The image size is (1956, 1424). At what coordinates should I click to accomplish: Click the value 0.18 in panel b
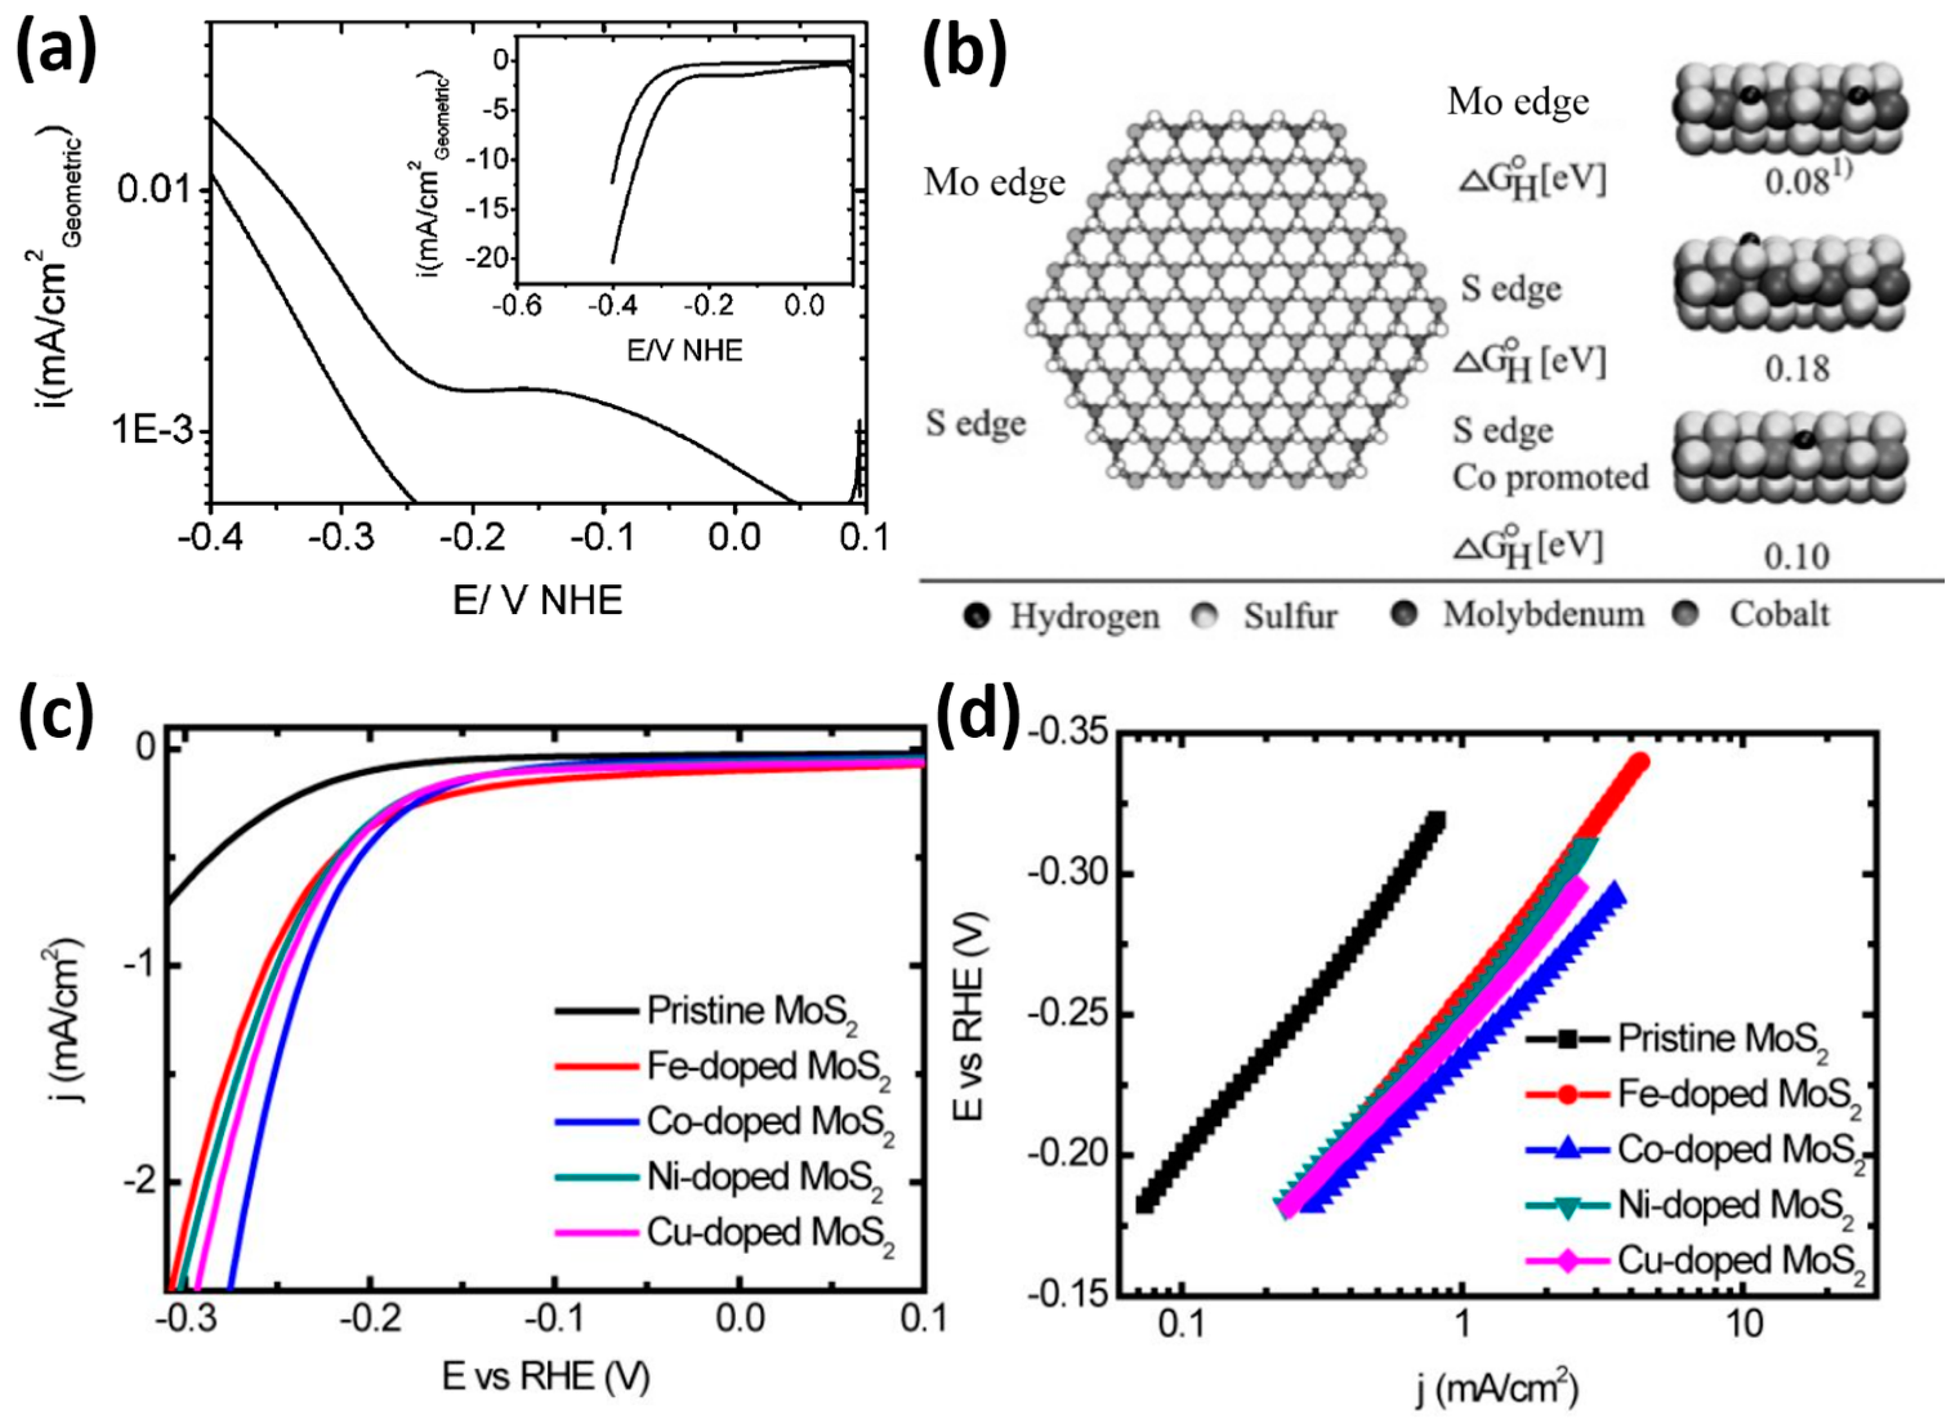[x=1796, y=369]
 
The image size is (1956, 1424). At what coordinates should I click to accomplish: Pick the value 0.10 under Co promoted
[x=1796, y=556]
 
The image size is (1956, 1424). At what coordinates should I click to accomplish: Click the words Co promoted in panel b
[x=1550, y=477]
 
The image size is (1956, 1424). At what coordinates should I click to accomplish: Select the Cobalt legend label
[x=1778, y=614]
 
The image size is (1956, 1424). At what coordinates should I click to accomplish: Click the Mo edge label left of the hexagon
[x=993, y=183]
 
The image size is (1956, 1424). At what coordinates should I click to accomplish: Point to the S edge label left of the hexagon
[x=975, y=423]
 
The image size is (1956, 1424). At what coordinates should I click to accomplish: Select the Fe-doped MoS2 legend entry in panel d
[x=1738, y=1095]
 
